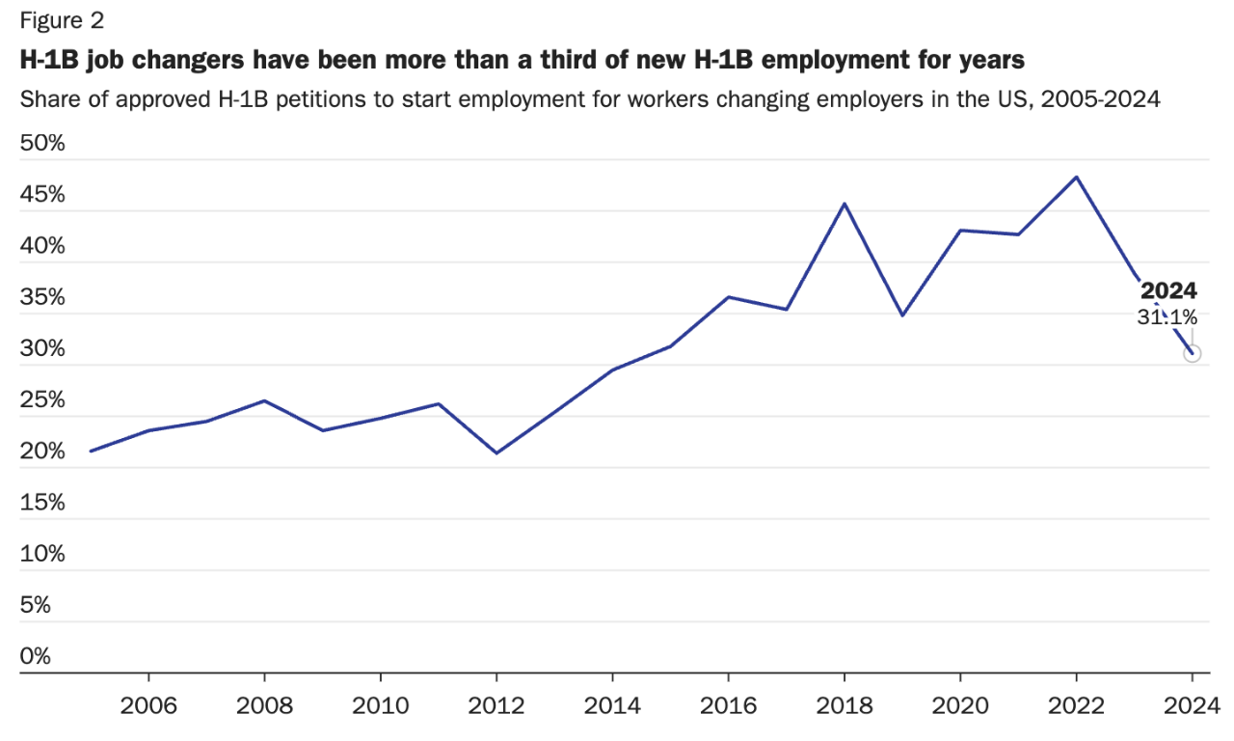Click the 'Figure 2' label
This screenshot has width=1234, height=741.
(x=62, y=20)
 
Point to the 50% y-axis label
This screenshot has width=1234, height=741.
(x=42, y=144)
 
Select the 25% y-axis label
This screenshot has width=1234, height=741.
(x=42, y=400)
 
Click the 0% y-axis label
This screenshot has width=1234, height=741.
(x=36, y=656)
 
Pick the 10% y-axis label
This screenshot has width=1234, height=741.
(x=42, y=554)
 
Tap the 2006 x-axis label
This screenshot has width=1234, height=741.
(x=148, y=704)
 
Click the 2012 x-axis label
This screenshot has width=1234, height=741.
(x=496, y=704)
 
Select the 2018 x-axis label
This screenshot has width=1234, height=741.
(x=845, y=704)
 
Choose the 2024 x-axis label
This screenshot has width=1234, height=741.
(x=1193, y=704)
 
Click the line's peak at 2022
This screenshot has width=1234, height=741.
(x=1076, y=177)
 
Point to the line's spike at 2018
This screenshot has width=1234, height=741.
(x=845, y=204)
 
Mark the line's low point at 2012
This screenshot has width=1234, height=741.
(x=496, y=453)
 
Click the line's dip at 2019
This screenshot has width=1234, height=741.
(x=902, y=316)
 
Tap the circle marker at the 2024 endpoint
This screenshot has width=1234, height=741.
(x=1193, y=353)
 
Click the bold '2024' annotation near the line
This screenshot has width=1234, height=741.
(x=1168, y=290)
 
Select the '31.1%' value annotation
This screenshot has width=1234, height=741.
(x=1167, y=316)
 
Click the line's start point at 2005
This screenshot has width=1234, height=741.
(x=91, y=451)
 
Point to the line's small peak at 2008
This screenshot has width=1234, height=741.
(x=264, y=400)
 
